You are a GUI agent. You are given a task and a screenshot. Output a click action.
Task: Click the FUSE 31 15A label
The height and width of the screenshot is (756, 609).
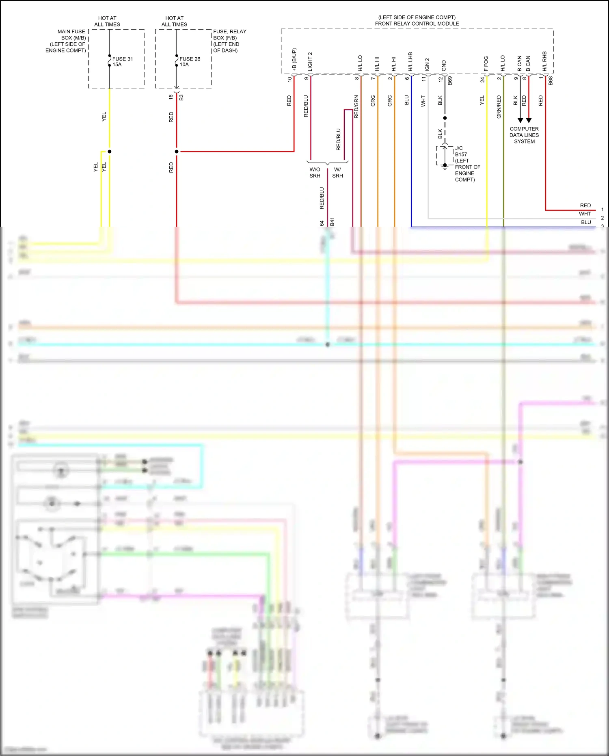pyautogui.click(x=122, y=62)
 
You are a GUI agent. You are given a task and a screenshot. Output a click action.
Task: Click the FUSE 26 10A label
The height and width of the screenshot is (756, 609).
pyautogui.click(x=190, y=62)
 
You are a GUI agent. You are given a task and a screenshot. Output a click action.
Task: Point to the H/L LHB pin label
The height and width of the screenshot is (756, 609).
pyautogui.click(x=410, y=62)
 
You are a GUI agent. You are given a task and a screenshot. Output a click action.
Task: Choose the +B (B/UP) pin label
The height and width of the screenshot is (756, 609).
pyautogui.click(x=294, y=61)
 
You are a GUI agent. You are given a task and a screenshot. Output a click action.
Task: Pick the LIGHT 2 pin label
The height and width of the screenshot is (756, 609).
pyautogui.click(x=311, y=62)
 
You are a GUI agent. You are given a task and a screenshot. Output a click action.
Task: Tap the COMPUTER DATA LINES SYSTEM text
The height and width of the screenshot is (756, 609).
pyautogui.click(x=524, y=135)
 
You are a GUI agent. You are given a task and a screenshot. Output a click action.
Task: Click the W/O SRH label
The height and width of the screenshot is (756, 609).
pyautogui.click(x=315, y=173)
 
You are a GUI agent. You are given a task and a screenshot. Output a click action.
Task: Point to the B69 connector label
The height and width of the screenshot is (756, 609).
pyautogui.click(x=450, y=80)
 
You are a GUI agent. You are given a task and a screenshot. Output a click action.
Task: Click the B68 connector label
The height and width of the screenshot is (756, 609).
pyautogui.click(x=551, y=80)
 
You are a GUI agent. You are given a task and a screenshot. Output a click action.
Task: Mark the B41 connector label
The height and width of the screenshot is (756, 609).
pyautogui.click(x=332, y=221)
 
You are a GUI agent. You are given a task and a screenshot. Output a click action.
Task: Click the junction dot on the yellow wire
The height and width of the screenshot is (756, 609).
pyautogui.click(x=109, y=152)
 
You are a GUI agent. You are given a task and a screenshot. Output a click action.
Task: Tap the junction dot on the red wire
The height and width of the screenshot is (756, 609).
pyautogui.click(x=177, y=152)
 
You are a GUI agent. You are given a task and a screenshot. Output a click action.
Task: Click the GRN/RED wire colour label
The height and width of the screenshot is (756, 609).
pyautogui.click(x=499, y=107)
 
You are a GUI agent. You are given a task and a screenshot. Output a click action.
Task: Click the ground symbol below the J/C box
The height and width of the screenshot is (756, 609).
pyautogui.click(x=445, y=166)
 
